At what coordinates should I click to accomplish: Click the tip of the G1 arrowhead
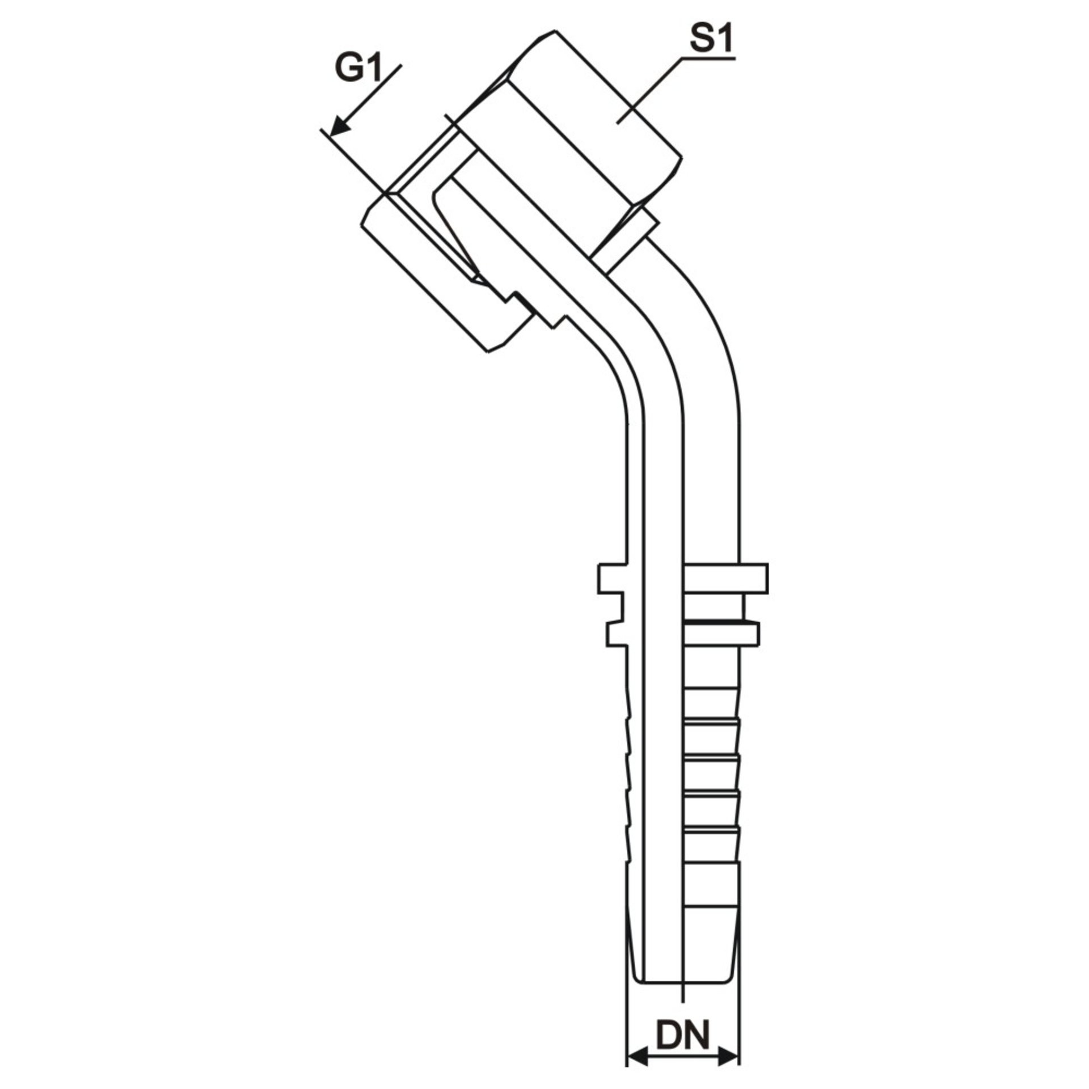(330, 136)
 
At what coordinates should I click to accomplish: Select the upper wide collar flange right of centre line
(726, 579)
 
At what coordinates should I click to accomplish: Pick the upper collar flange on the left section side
(612, 579)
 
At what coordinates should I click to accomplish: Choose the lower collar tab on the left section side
(617, 634)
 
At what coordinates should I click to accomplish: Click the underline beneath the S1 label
(708, 58)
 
